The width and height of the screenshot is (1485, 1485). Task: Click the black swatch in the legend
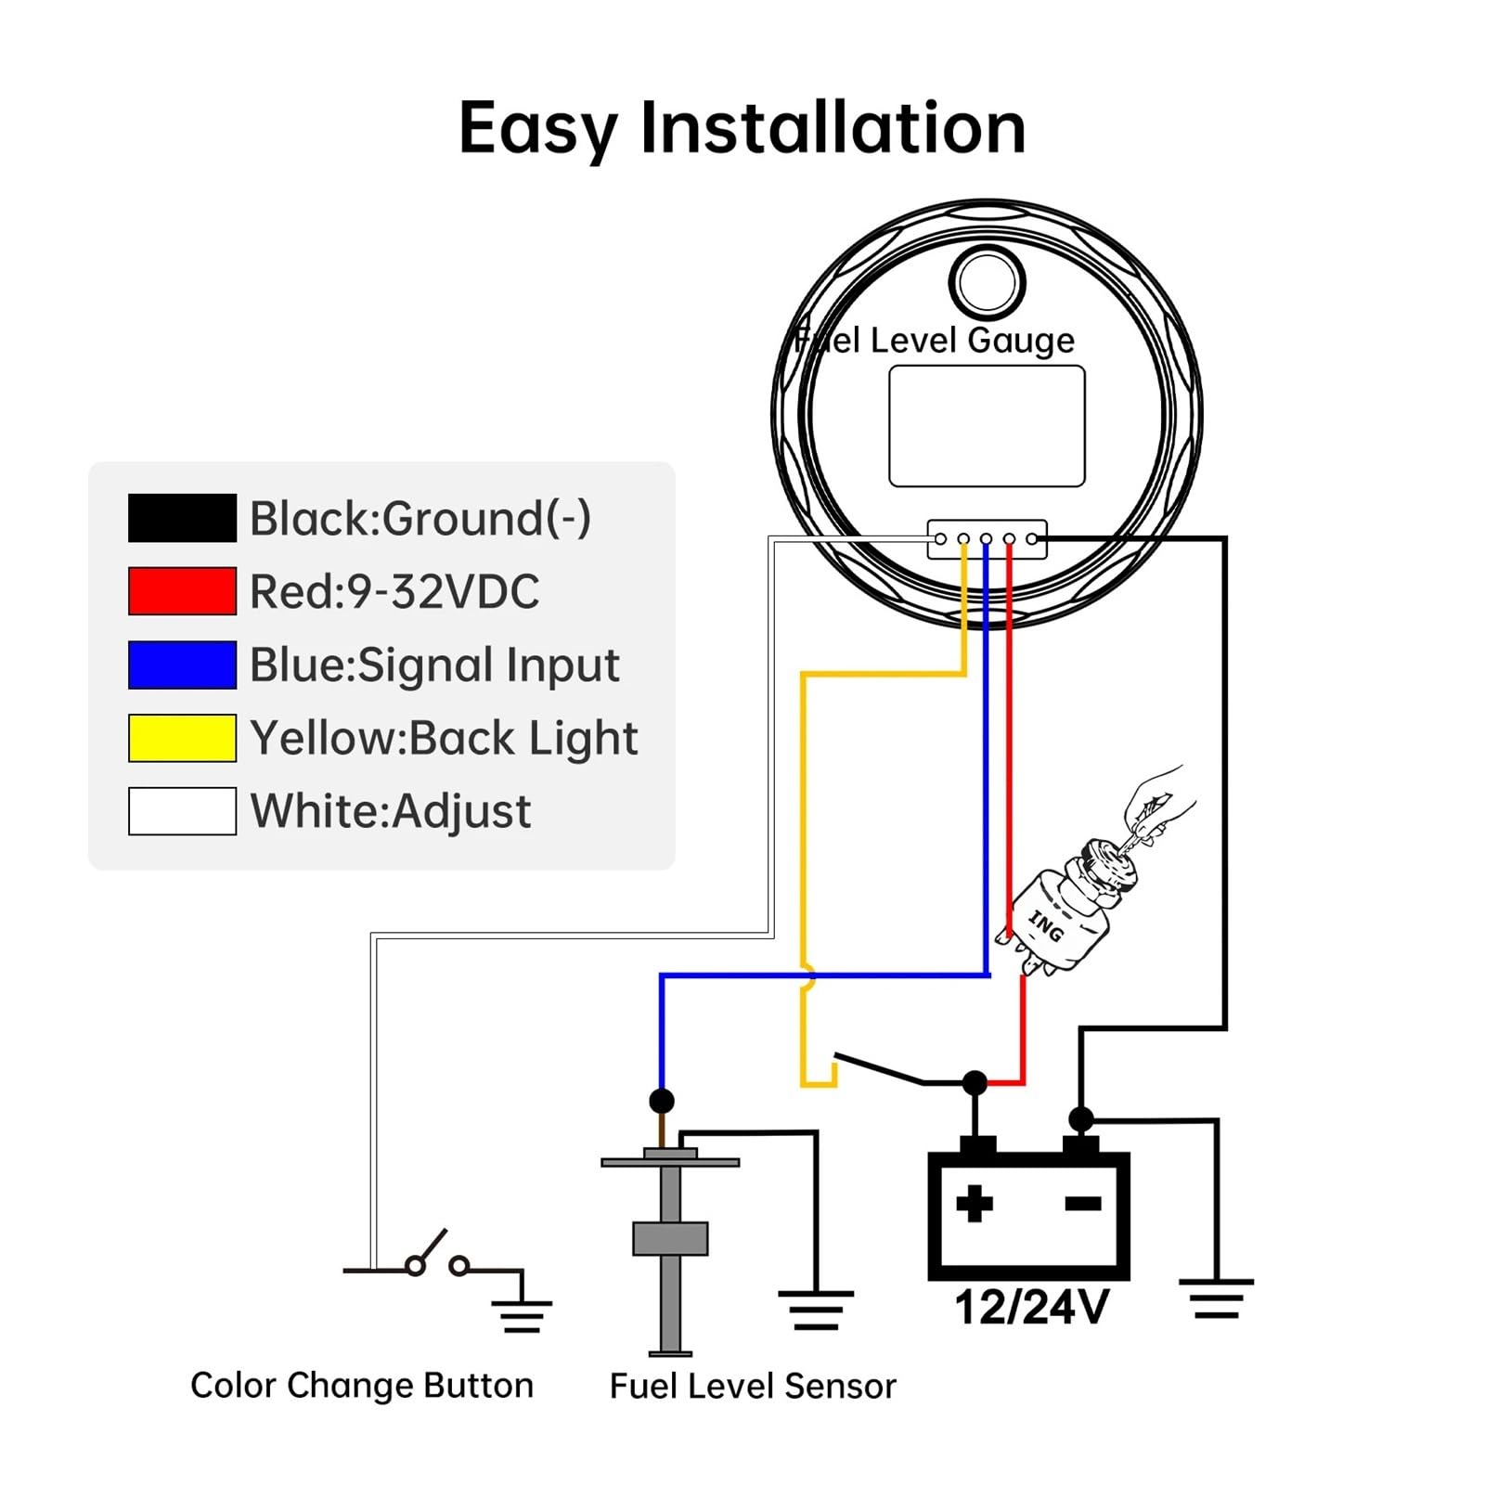pyautogui.click(x=182, y=518)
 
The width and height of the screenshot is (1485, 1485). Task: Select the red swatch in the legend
pyautogui.click(x=182, y=591)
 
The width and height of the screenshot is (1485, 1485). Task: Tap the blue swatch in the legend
pyautogui.click(x=182, y=665)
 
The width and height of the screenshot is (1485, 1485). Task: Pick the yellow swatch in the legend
pyautogui.click(x=182, y=738)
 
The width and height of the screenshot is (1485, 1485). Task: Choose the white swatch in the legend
pyautogui.click(x=182, y=811)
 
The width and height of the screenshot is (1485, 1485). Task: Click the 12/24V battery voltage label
pyautogui.click(x=1031, y=1307)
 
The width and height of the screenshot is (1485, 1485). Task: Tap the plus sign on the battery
pyautogui.click(x=975, y=1204)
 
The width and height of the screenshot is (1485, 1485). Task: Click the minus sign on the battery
pyautogui.click(x=1083, y=1204)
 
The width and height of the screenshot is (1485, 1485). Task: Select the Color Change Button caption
pyautogui.click(x=362, y=1385)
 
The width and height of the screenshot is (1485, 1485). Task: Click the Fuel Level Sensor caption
pyautogui.click(x=753, y=1386)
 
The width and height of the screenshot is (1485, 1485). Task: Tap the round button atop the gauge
pyautogui.click(x=987, y=282)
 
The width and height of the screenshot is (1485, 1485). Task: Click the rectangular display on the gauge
pyautogui.click(x=987, y=426)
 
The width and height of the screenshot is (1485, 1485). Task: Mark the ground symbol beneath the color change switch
pyautogui.click(x=522, y=1316)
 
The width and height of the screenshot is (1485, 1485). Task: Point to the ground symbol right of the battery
pyautogui.click(x=1216, y=1298)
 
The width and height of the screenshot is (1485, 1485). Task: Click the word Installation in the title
pyautogui.click(x=833, y=127)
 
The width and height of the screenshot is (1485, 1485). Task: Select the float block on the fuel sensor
pyautogui.click(x=670, y=1239)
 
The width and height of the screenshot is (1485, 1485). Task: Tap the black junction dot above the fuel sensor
pyautogui.click(x=662, y=1101)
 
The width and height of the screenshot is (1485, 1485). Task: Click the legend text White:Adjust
pyautogui.click(x=391, y=812)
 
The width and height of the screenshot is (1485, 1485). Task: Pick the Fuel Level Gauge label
pyautogui.click(x=934, y=341)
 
